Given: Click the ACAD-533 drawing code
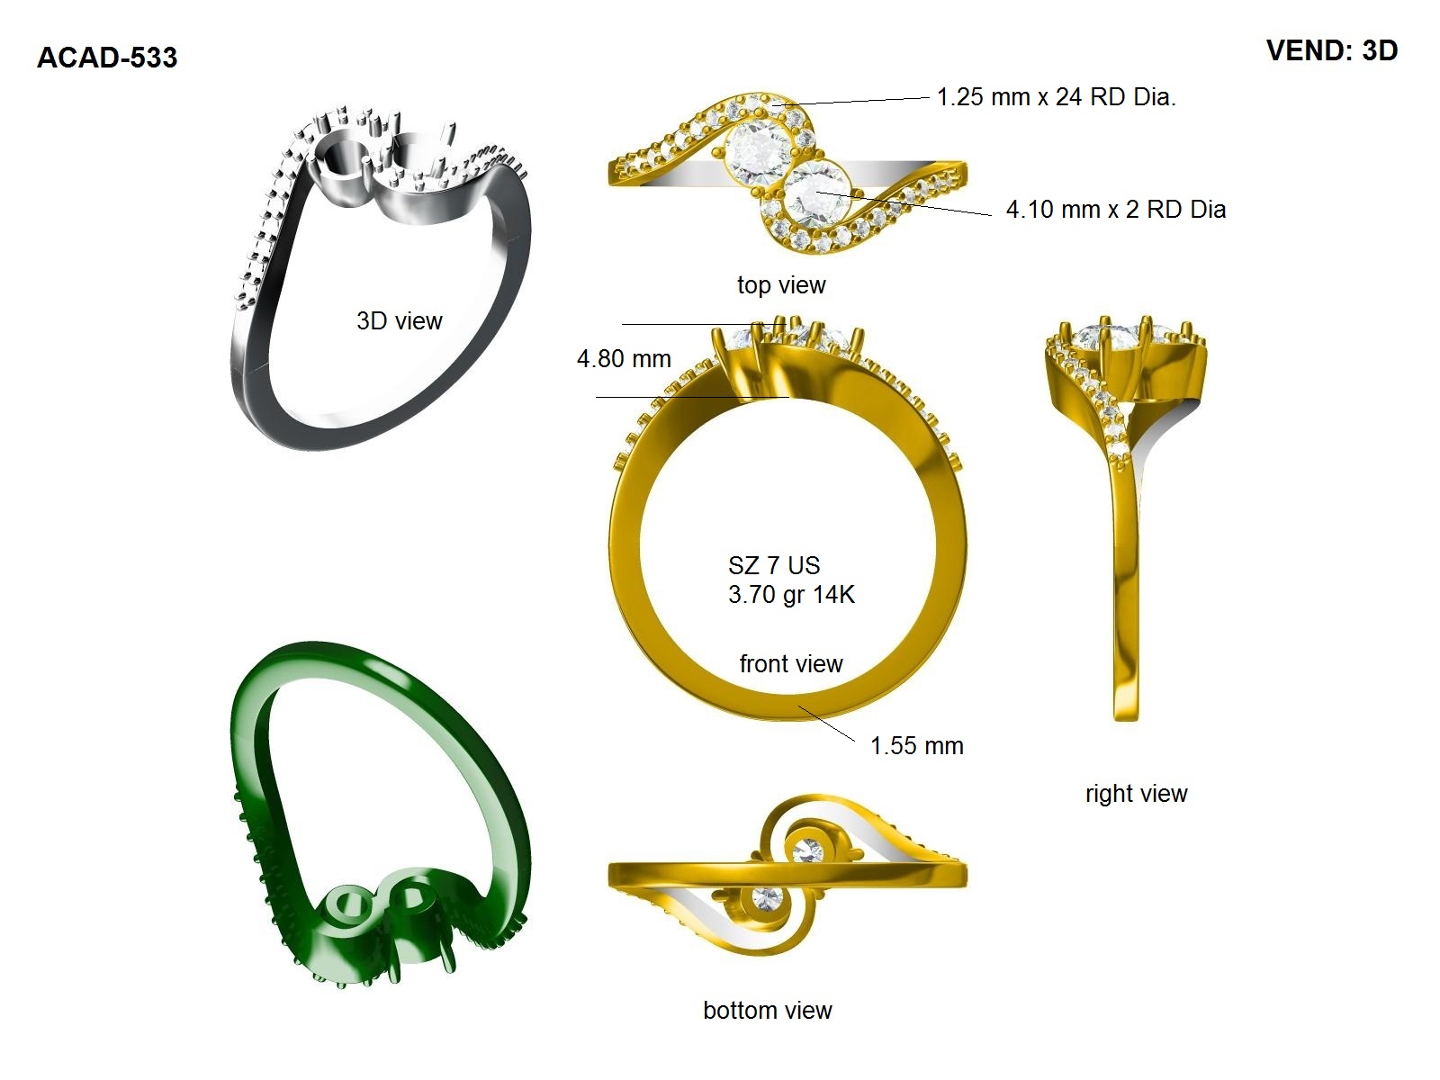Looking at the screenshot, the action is click(107, 58).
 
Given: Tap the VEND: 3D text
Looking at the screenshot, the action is click(1332, 50).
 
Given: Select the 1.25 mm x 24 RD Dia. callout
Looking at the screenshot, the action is click(1057, 97).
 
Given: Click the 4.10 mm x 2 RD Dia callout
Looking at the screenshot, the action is click(1116, 209).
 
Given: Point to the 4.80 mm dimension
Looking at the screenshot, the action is click(624, 359).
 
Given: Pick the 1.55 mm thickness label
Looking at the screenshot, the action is click(916, 745).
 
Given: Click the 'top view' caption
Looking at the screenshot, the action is click(781, 285).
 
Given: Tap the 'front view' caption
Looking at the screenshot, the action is click(791, 663).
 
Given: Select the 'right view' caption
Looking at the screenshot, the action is click(1137, 794).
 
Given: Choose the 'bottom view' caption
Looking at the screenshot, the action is click(768, 1011).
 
